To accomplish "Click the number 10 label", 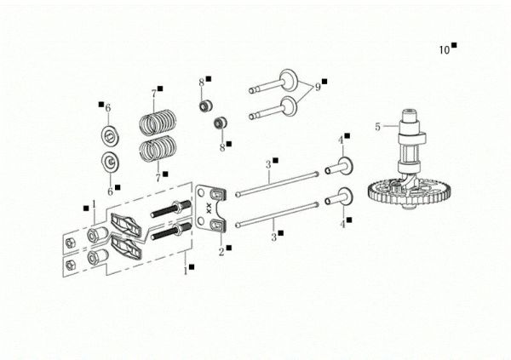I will click(444, 50).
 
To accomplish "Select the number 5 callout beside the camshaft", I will click(376, 127).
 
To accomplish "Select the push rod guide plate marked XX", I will click(211, 209).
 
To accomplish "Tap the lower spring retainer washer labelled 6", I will click(109, 162).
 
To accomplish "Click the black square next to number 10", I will click(455, 46).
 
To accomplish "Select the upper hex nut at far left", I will click(72, 241).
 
